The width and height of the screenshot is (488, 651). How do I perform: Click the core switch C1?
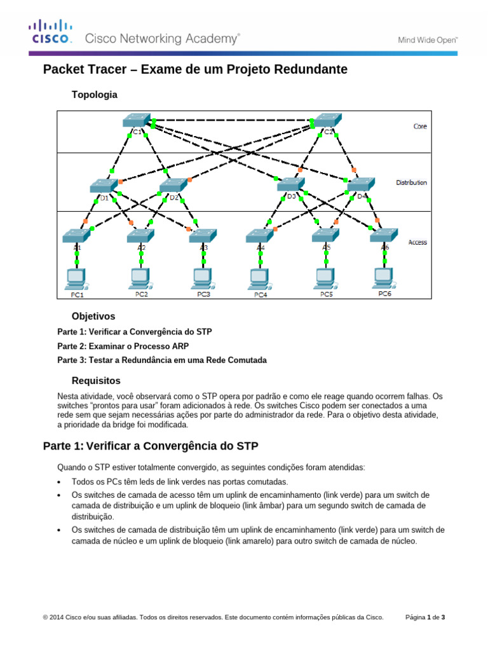(136, 121)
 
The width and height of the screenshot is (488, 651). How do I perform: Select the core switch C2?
(327, 121)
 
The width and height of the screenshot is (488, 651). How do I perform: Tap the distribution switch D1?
(103, 186)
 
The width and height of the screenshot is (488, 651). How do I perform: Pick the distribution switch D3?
(290, 185)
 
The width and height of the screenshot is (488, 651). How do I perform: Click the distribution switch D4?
(361, 185)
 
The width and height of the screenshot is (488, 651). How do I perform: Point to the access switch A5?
(326, 235)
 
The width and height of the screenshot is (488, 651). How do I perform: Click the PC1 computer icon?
(77, 278)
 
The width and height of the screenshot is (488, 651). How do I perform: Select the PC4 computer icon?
(259, 278)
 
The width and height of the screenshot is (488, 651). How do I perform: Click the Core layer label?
(420, 127)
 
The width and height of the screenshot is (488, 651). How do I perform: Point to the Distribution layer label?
(412, 182)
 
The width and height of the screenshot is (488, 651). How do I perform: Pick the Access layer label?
(417, 242)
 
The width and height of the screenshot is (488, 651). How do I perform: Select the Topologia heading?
(95, 94)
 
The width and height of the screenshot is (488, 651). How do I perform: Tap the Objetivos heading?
(93, 316)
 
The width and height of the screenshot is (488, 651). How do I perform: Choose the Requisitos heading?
(96, 381)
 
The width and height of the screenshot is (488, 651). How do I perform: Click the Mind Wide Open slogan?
(428, 39)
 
